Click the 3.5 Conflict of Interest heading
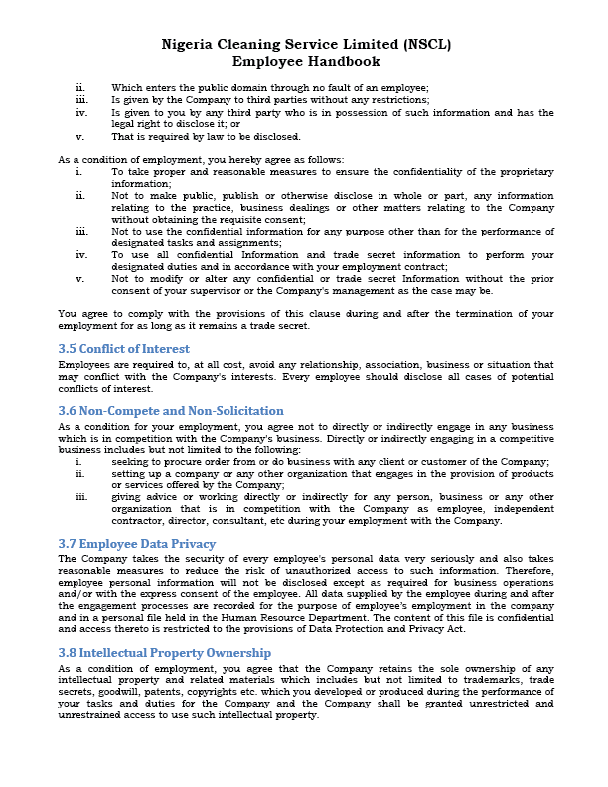coord(123,349)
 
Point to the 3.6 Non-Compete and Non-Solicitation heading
coord(170,410)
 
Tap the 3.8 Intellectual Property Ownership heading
coord(164,653)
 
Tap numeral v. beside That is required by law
coord(79,136)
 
